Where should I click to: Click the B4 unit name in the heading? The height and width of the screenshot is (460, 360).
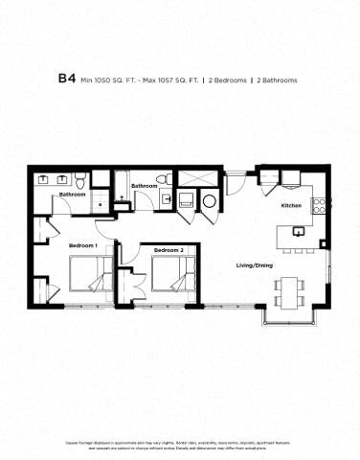click(67, 79)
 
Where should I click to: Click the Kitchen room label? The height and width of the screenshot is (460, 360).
click(291, 206)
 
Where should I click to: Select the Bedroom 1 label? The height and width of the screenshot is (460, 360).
click(82, 246)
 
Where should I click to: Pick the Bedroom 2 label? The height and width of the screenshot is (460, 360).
click(169, 251)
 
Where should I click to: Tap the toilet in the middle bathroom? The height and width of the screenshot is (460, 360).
click(164, 180)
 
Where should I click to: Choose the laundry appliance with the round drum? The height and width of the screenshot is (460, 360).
click(209, 200)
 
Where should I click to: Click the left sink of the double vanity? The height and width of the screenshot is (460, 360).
click(44, 179)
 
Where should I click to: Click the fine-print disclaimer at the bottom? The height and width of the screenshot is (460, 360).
click(180, 448)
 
